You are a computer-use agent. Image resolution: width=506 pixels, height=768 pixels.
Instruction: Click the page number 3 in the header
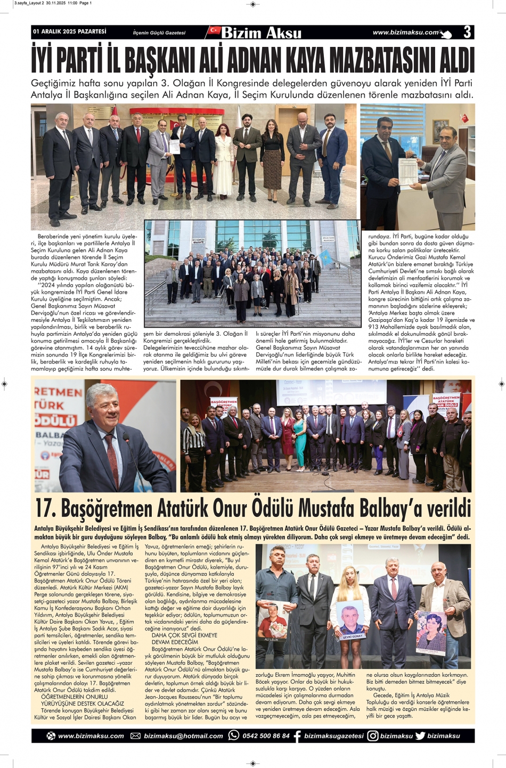(467, 33)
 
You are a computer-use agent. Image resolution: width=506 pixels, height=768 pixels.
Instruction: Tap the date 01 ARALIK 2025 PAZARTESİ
(70, 32)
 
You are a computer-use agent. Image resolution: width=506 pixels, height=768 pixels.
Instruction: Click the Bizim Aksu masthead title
(261, 33)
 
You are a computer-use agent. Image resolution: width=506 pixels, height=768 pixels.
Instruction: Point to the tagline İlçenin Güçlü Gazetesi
(159, 33)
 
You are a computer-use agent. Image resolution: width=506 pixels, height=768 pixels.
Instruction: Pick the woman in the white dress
(224, 160)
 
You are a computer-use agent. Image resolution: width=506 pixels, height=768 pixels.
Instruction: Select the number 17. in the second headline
(46, 508)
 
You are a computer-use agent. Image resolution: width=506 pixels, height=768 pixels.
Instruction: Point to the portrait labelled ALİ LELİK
(272, 621)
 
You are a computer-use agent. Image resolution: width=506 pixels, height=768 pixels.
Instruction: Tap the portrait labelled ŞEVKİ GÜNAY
(350, 620)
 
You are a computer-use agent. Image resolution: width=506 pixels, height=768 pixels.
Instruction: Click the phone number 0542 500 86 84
(266, 736)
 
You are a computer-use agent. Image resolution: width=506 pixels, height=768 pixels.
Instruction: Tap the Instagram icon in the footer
(373, 736)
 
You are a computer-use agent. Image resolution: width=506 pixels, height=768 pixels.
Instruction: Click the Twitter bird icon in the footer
(420, 736)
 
